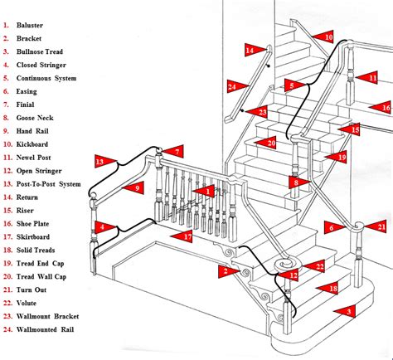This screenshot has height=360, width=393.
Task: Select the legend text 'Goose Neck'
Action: [x=36, y=118]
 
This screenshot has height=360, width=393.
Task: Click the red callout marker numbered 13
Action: [x=102, y=161]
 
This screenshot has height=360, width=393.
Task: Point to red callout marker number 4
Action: [x=101, y=226]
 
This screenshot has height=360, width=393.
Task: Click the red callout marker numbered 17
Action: [x=187, y=236]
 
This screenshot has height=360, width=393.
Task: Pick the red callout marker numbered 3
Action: [x=347, y=311]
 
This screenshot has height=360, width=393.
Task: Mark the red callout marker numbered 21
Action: [x=380, y=226]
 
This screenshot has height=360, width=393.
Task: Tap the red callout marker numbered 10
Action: [x=327, y=37]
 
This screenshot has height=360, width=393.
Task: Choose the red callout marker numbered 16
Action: [x=383, y=107]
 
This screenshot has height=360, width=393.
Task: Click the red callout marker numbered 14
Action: [x=250, y=51]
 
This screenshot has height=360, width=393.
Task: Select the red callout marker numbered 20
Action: [x=269, y=143]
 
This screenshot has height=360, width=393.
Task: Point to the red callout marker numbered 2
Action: [x=225, y=270]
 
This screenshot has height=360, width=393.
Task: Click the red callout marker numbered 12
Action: [x=292, y=275]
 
